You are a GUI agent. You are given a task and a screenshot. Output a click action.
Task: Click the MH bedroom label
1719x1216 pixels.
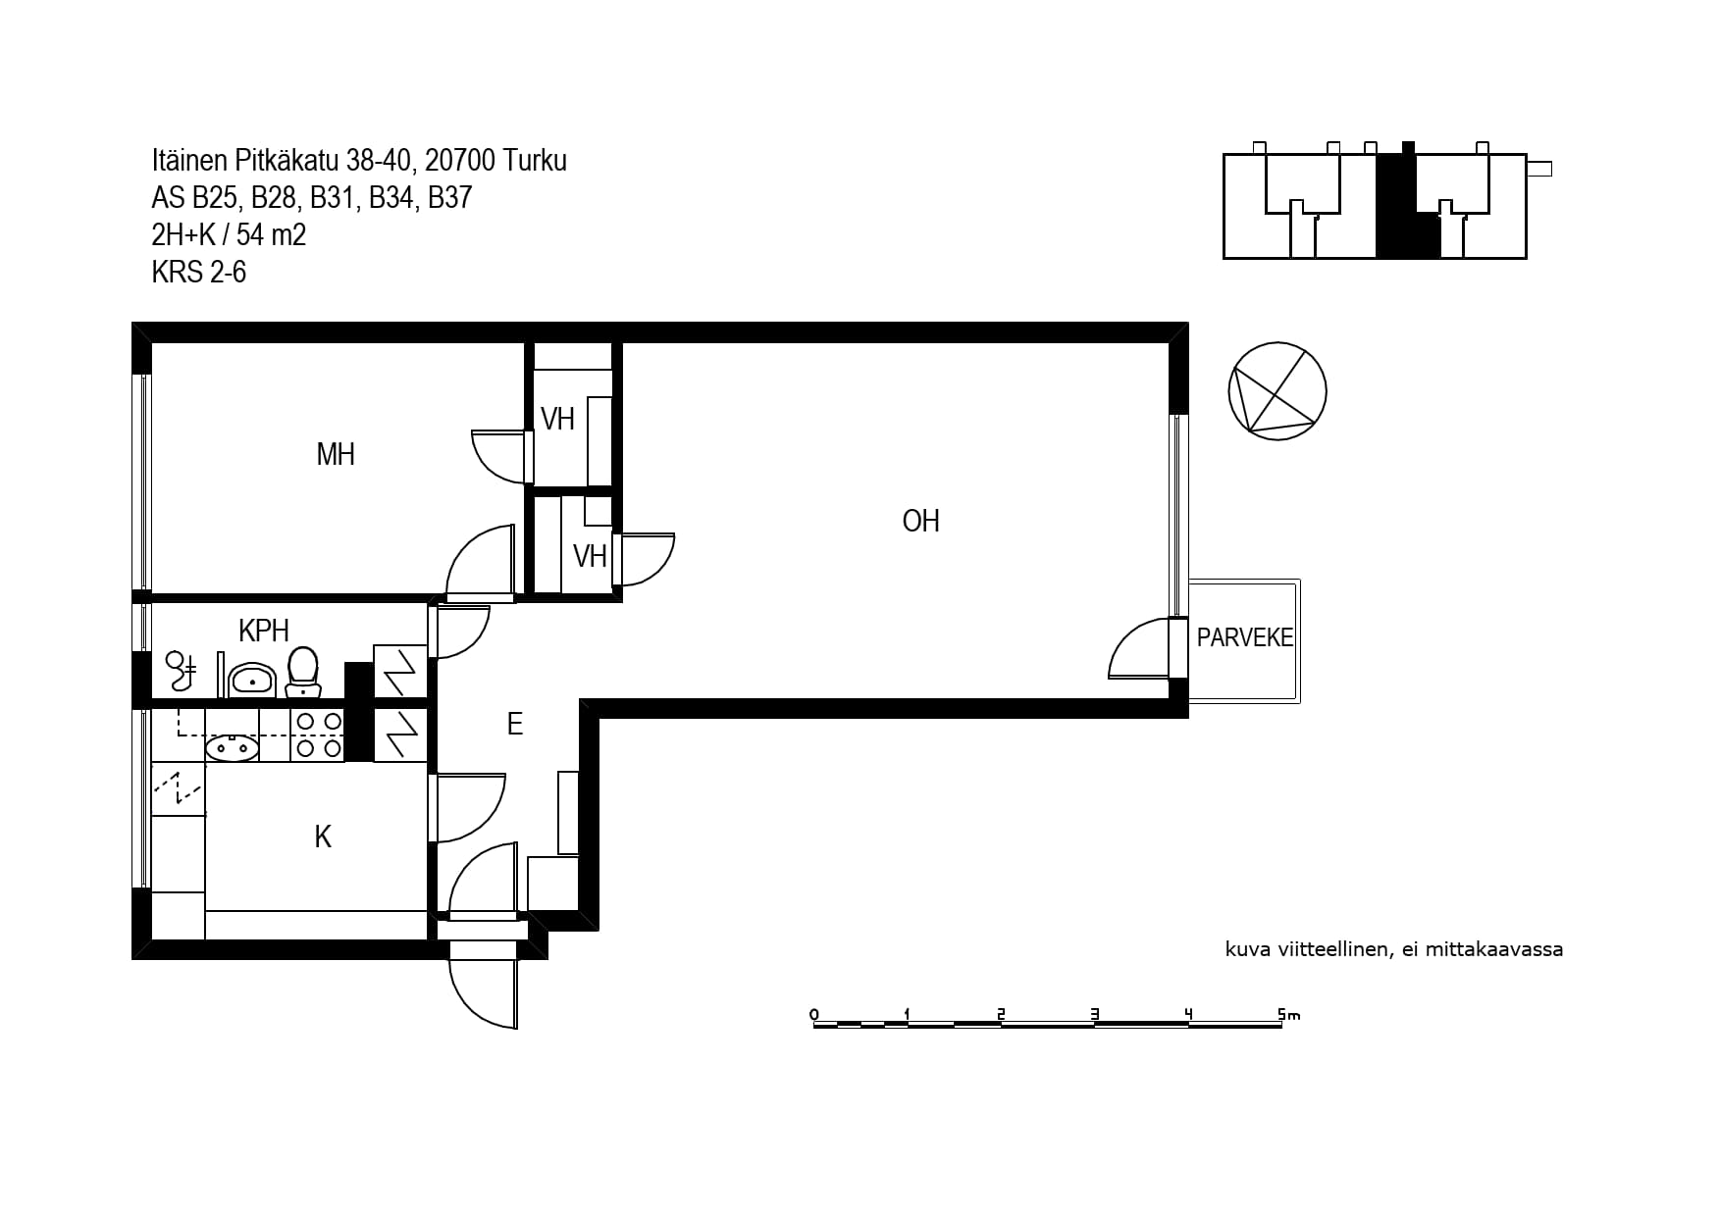336,454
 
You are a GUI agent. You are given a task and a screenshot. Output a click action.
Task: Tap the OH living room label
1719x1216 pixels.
920,521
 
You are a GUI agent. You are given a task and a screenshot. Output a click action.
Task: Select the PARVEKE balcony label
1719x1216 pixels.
1245,637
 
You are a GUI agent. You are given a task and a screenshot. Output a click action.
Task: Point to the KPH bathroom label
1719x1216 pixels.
264,629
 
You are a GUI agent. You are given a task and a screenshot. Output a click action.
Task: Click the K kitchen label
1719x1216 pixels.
323,836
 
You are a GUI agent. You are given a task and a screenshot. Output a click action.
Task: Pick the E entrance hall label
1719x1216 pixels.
514,724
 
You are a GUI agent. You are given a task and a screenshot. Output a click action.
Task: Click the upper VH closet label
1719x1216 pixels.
557,419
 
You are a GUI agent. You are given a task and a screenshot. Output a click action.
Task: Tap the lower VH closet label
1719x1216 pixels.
590,556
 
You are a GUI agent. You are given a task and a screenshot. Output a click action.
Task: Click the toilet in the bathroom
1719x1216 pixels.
302,672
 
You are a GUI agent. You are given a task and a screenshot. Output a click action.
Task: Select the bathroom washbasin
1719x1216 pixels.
253,679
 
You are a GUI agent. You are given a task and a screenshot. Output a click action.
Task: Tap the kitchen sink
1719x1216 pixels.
232,748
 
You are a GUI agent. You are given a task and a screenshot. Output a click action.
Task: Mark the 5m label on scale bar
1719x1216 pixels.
1288,1014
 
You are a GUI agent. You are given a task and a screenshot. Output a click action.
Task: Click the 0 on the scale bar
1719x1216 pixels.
813,1014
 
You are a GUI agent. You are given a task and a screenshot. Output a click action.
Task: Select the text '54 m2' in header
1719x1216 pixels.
271,234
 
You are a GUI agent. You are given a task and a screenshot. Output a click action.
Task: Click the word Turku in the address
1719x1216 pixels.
534,160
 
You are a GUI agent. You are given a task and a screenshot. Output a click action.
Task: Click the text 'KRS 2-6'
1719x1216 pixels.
198,272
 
